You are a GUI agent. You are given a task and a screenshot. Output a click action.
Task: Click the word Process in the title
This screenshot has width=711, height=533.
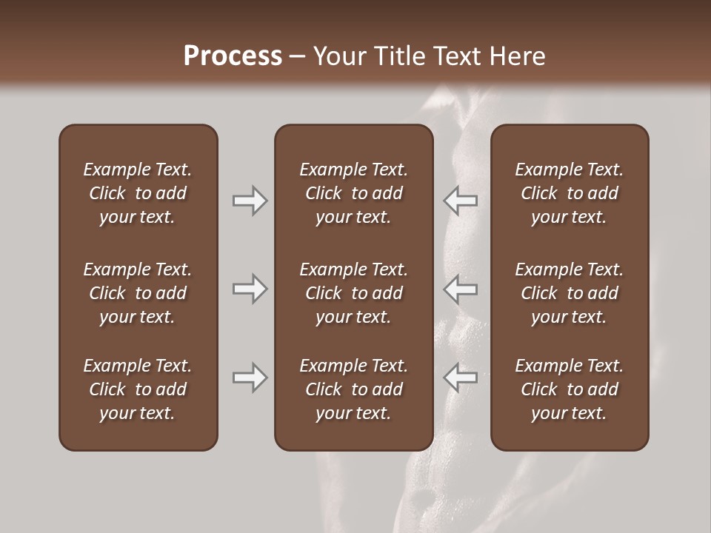(233, 56)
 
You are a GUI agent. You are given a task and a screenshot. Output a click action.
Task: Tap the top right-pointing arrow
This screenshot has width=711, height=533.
(250, 201)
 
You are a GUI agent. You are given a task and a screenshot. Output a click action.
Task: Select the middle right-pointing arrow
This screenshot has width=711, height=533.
(250, 289)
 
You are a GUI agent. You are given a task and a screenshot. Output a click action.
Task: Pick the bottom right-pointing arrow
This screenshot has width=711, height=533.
(250, 378)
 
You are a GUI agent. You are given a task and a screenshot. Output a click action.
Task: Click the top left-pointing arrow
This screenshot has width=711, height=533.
(461, 201)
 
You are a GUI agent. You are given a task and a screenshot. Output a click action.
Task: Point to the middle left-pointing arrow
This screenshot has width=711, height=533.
(461, 289)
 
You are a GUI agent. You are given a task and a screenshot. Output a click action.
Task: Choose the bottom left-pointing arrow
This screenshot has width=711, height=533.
(461, 378)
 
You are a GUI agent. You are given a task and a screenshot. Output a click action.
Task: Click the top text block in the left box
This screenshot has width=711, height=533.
(138, 193)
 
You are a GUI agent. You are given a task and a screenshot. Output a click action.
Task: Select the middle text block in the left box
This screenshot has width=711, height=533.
(138, 293)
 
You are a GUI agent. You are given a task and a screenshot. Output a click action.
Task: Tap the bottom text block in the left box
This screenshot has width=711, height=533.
(138, 389)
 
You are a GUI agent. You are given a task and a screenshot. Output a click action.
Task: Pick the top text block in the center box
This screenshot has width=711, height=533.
(353, 193)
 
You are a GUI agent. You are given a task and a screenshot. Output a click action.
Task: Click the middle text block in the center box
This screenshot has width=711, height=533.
(353, 293)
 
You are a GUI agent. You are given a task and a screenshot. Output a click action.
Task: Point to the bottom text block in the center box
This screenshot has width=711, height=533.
(353, 389)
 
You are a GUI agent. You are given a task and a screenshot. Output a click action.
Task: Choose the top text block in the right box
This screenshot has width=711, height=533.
(569, 193)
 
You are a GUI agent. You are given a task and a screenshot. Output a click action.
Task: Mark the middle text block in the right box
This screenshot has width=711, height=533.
(569, 293)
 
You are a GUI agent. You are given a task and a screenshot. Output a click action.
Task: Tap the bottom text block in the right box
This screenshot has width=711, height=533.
(569, 389)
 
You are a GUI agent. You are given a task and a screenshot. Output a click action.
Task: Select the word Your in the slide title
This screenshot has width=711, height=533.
(336, 56)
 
